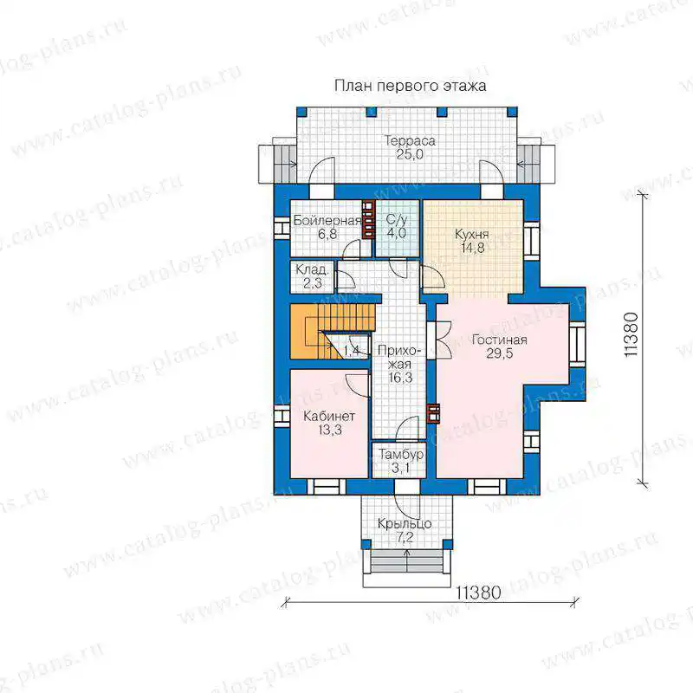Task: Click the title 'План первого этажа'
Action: tap(410, 86)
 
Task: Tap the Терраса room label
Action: tap(410, 141)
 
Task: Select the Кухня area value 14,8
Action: tap(472, 248)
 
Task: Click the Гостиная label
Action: tap(500, 340)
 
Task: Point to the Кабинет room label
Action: tap(329, 417)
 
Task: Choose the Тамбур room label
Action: tap(401, 454)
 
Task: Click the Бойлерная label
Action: tap(327, 221)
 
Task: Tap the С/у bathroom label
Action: tap(397, 220)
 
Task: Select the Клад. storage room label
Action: tap(312, 269)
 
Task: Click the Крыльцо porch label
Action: tap(405, 524)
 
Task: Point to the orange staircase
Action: tap(332, 331)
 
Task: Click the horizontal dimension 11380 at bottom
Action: tap(479, 593)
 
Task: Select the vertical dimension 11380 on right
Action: tap(631, 334)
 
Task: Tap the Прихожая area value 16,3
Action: tap(400, 378)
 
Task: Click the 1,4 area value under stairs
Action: tap(351, 352)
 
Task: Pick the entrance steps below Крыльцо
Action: tap(406, 561)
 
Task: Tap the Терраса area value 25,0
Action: tap(410, 155)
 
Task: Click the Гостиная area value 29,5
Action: tap(500, 353)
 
